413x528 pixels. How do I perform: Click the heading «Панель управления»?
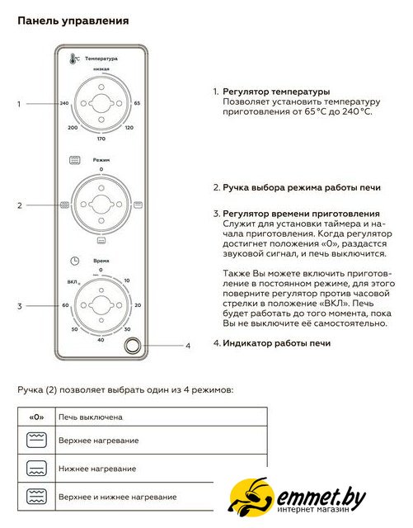point(73,21)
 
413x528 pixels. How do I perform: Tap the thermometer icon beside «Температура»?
point(73,59)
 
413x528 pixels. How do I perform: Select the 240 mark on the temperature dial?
point(64,103)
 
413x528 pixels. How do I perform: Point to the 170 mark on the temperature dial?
point(101,139)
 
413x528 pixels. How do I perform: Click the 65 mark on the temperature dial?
point(137,103)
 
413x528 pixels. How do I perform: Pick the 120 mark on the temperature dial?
point(129,128)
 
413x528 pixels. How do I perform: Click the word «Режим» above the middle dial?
point(101,160)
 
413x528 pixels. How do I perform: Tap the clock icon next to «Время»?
point(75,261)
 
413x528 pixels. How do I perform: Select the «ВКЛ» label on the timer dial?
point(73,282)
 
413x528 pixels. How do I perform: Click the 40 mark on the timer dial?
point(101,340)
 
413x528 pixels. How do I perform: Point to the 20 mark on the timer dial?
point(138,305)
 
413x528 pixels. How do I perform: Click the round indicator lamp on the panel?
point(132,346)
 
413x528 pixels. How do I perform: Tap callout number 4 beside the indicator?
point(188,346)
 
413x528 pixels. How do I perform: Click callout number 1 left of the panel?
point(19,104)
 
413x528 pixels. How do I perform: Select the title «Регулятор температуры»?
point(276,92)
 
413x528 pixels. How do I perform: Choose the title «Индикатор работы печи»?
point(277,343)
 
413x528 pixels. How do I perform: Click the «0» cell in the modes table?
point(36,417)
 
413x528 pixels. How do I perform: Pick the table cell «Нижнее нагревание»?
point(97,469)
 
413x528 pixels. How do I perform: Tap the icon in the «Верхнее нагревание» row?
point(36,440)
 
